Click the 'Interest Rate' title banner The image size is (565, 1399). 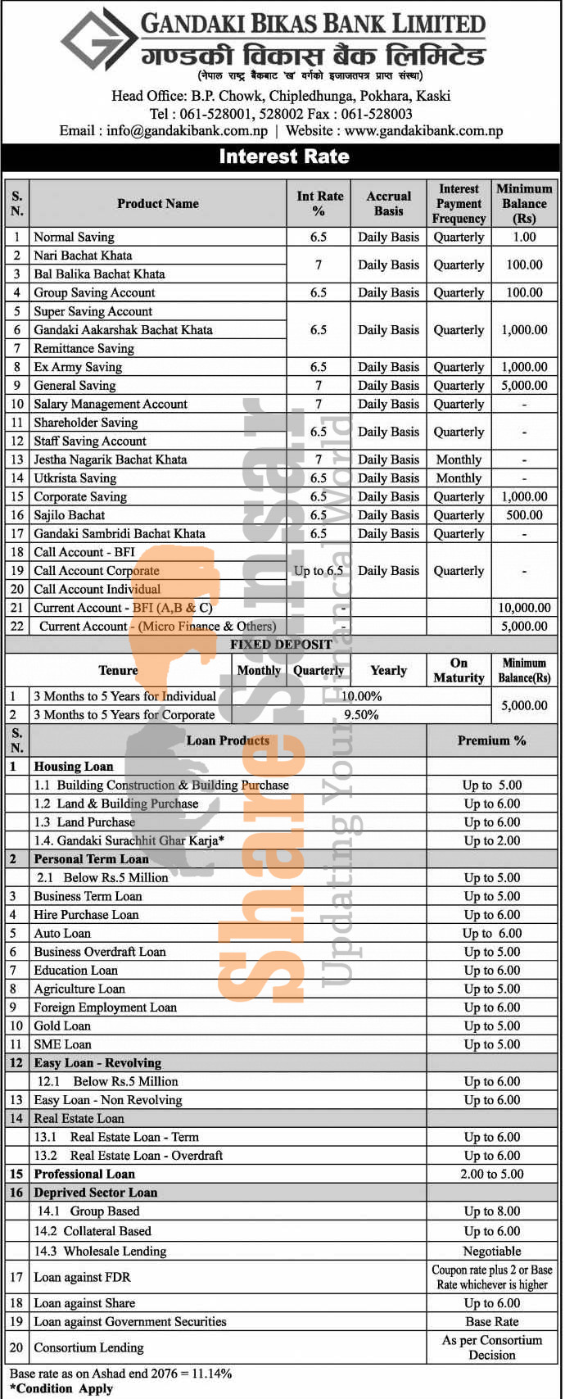[283, 156]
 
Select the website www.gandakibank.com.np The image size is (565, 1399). [423, 130]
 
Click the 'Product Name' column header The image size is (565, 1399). [157, 203]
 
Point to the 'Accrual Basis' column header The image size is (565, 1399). [388, 203]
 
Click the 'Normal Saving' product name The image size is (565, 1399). [74, 237]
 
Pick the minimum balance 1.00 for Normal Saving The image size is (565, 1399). [524, 237]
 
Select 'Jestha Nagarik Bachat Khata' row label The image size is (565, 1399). [110, 460]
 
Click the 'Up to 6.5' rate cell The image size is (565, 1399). [318, 571]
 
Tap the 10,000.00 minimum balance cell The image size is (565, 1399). [524, 608]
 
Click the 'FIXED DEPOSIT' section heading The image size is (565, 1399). [281, 645]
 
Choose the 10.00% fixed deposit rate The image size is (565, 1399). [361, 696]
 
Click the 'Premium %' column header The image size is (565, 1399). [491, 740]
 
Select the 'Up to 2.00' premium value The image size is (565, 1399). [491, 840]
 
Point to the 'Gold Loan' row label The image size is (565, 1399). [62, 1025]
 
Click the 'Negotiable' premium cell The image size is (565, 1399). [491, 1251]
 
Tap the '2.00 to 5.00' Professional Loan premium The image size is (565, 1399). [491, 1174]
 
